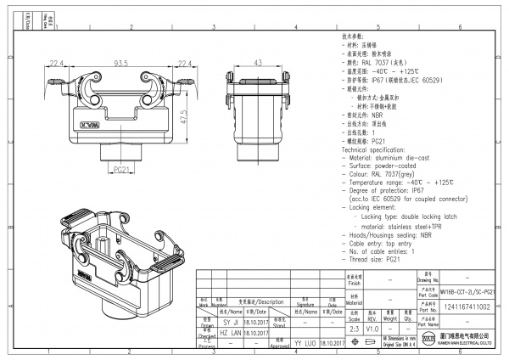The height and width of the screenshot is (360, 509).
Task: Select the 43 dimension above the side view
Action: (x=258, y=63)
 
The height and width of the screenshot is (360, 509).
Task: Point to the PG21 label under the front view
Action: (x=121, y=169)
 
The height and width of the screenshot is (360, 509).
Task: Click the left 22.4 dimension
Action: (x=58, y=63)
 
